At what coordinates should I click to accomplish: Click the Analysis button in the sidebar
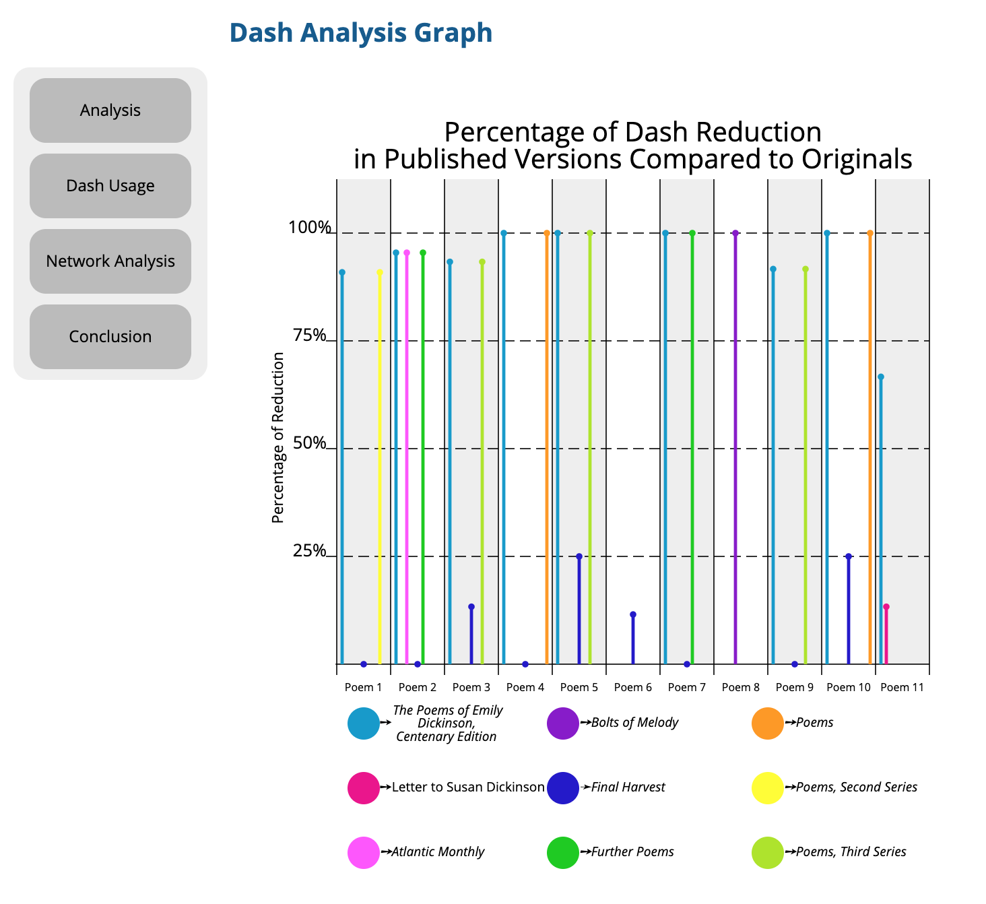[110, 110]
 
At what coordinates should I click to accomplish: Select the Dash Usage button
[110, 186]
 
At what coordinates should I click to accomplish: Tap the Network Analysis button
[110, 261]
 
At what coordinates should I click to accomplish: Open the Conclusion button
[110, 337]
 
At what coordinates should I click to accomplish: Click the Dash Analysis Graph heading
[360, 33]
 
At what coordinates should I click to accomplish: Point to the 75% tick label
[310, 335]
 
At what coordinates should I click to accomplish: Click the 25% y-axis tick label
[310, 551]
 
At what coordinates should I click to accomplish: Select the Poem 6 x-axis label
[633, 687]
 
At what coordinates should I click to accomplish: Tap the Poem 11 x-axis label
[902, 687]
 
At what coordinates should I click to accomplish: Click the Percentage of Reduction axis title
[278, 438]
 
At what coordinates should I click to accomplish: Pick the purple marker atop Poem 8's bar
[735, 233]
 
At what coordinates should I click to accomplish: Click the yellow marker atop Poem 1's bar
[380, 272]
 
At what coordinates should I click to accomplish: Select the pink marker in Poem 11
[886, 607]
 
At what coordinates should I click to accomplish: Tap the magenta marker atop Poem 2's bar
[407, 253]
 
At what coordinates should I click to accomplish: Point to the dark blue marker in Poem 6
[633, 614]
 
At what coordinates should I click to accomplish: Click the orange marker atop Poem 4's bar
[547, 233]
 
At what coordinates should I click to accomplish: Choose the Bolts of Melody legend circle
[563, 723]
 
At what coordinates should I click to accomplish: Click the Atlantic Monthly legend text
[438, 852]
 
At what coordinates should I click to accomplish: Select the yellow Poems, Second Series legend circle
[768, 788]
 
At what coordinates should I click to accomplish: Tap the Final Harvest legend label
[628, 787]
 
